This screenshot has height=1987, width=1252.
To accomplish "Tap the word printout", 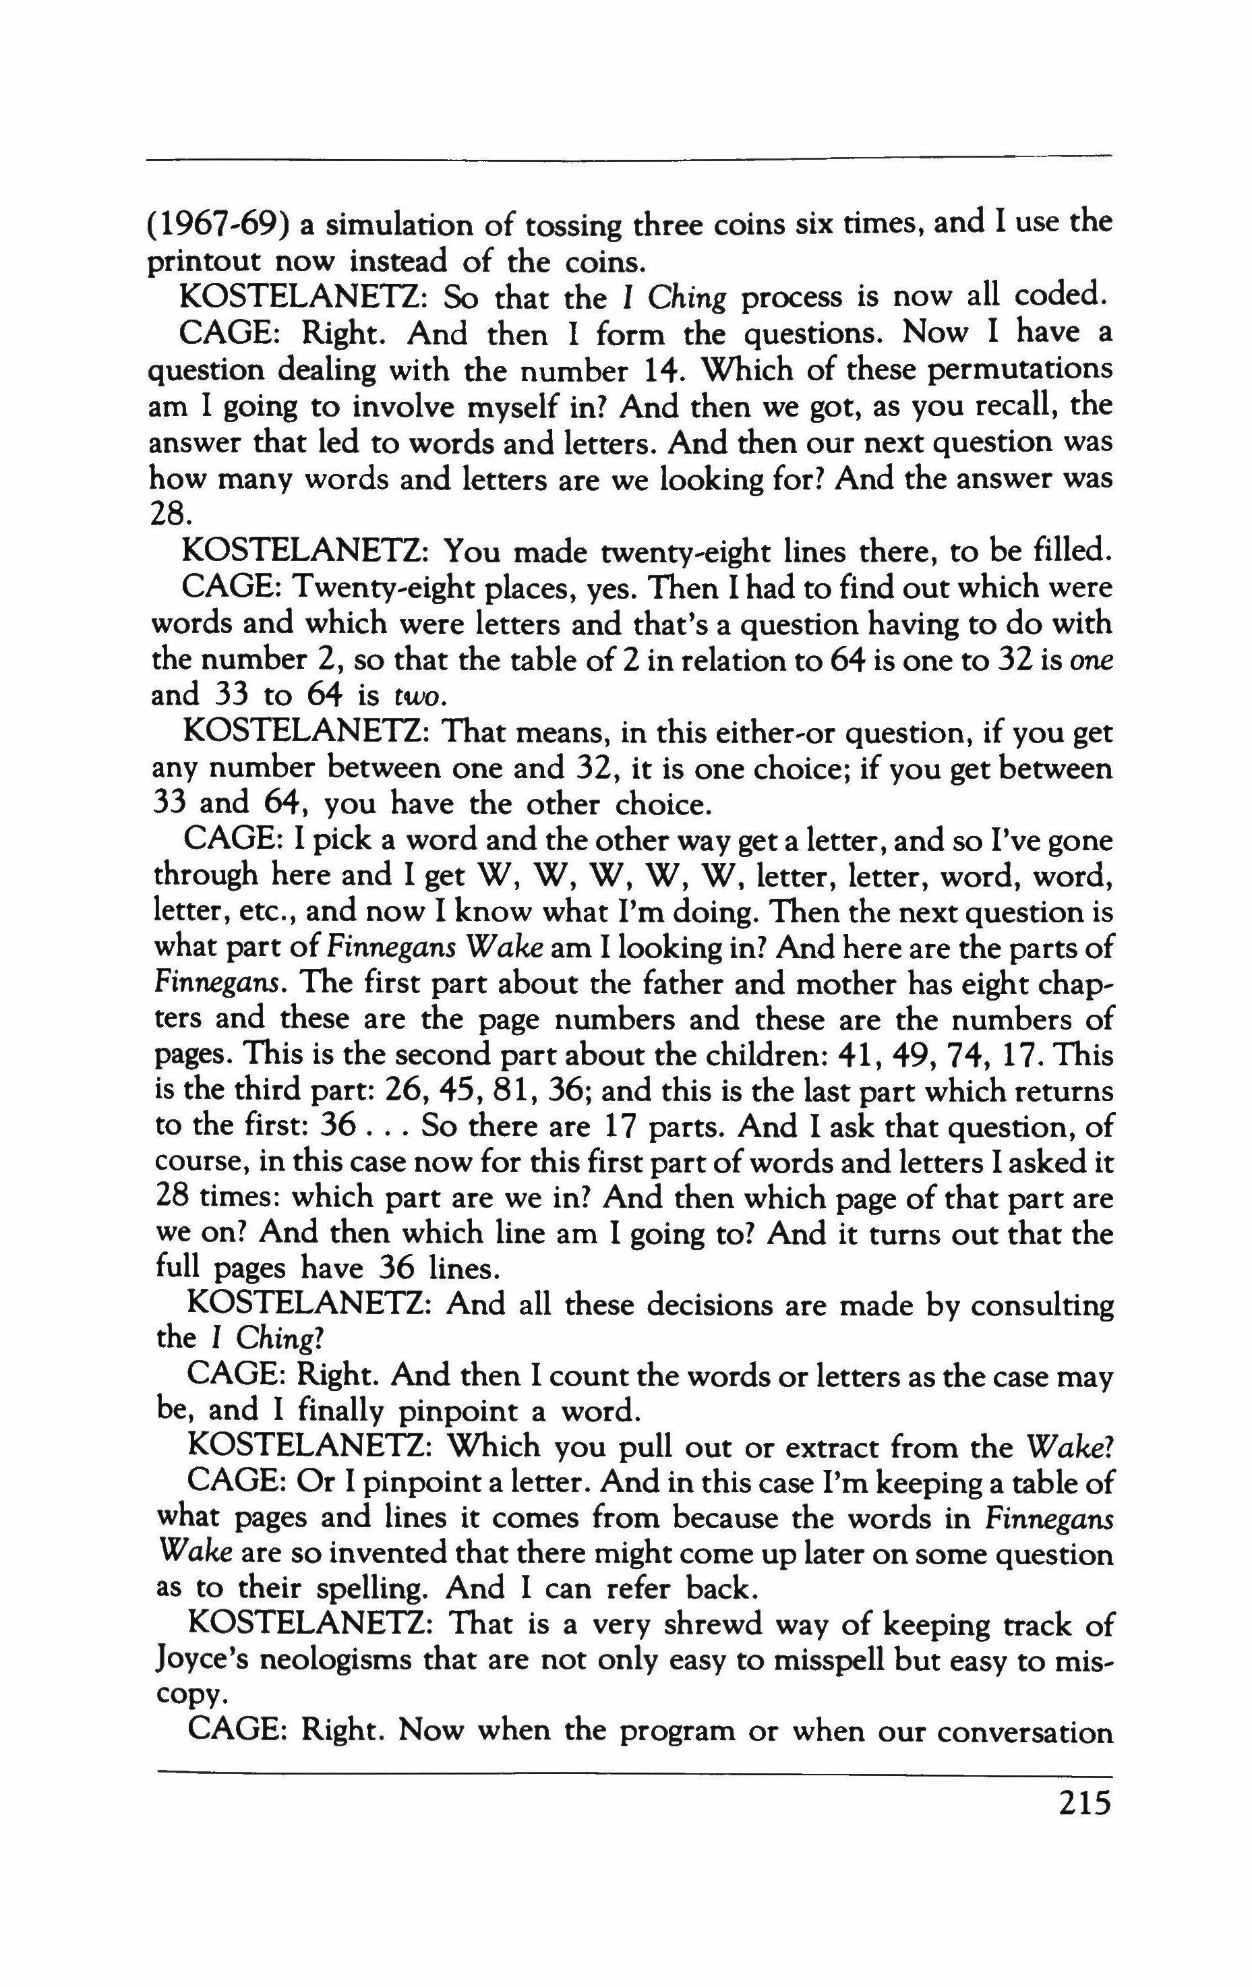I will (202, 262).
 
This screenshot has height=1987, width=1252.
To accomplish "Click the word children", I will (765, 1057).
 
